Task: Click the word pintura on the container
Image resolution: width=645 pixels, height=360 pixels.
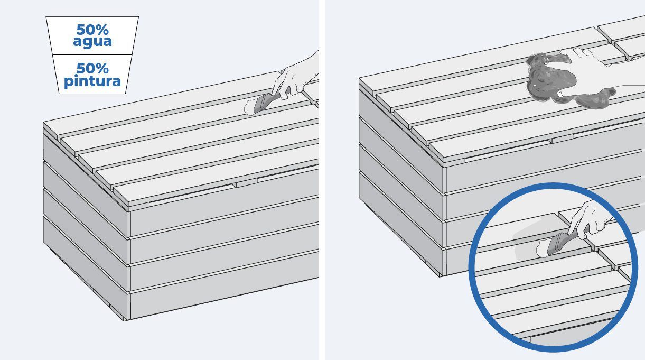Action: point(92,81)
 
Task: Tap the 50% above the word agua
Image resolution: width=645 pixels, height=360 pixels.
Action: point(92,30)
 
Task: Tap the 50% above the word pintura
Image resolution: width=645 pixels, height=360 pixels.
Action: point(92,68)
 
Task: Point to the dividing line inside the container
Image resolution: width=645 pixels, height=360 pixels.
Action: point(92,54)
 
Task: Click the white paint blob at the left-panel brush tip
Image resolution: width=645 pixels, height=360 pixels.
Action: point(249,108)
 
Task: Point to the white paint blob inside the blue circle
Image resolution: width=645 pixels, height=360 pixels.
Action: point(542,249)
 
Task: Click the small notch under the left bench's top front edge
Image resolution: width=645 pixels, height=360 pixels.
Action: point(247,183)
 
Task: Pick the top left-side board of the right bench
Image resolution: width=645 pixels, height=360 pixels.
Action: point(401,135)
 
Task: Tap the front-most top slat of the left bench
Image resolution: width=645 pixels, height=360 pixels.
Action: point(216,176)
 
